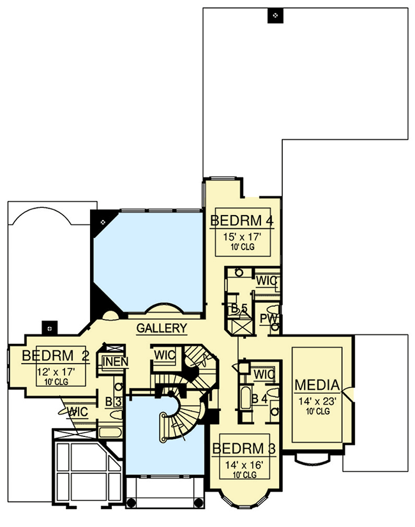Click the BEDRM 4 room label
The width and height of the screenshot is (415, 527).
(x=242, y=221)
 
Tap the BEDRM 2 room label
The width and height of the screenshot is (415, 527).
(x=56, y=355)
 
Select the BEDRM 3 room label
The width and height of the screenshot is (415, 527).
(x=244, y=449)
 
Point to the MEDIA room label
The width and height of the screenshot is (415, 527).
(x=317, y=385)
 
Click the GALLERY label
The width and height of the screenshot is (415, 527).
(x=162, y=328)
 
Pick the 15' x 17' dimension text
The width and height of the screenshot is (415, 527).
(x=242, y=237)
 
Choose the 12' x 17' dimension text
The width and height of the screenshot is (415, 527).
(x=56, y=372)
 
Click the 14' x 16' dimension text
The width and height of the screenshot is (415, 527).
(x=244, y=465)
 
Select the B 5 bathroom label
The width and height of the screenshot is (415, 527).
(x=239, y=308)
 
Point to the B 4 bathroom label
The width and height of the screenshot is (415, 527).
(x=260, y=399)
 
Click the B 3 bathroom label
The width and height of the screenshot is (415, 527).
(x=114, y=402)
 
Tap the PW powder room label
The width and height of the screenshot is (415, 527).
(x=269, y=318)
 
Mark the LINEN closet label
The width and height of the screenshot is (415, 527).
(x=116, y=362)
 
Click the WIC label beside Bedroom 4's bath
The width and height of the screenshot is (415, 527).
(x=266, y=281)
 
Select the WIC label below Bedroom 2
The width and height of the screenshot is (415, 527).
(x=78, y=412)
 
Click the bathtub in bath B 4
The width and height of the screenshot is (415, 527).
(x=246, y=398)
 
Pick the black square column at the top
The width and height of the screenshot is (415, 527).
(x=275, y=15)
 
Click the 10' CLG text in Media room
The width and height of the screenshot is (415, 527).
(x=318, y=411)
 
